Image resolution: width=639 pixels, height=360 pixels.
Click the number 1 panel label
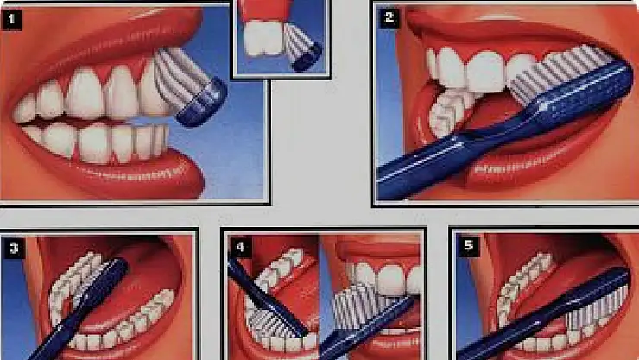(x=11, y=20)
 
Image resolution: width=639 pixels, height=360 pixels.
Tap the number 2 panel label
(x=389, y=17)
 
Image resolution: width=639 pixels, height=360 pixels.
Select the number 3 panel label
(x=14, y=248)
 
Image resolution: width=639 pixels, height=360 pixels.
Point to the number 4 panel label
(x=240, y=247)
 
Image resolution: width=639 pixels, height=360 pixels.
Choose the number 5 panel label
(x=469, y=245)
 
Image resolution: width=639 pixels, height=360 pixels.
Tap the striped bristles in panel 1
(x=180, y=77)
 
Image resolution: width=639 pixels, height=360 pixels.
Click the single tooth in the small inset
(x=263, y=37)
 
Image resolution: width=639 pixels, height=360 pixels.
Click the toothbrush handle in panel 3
(x=81, y=310)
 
